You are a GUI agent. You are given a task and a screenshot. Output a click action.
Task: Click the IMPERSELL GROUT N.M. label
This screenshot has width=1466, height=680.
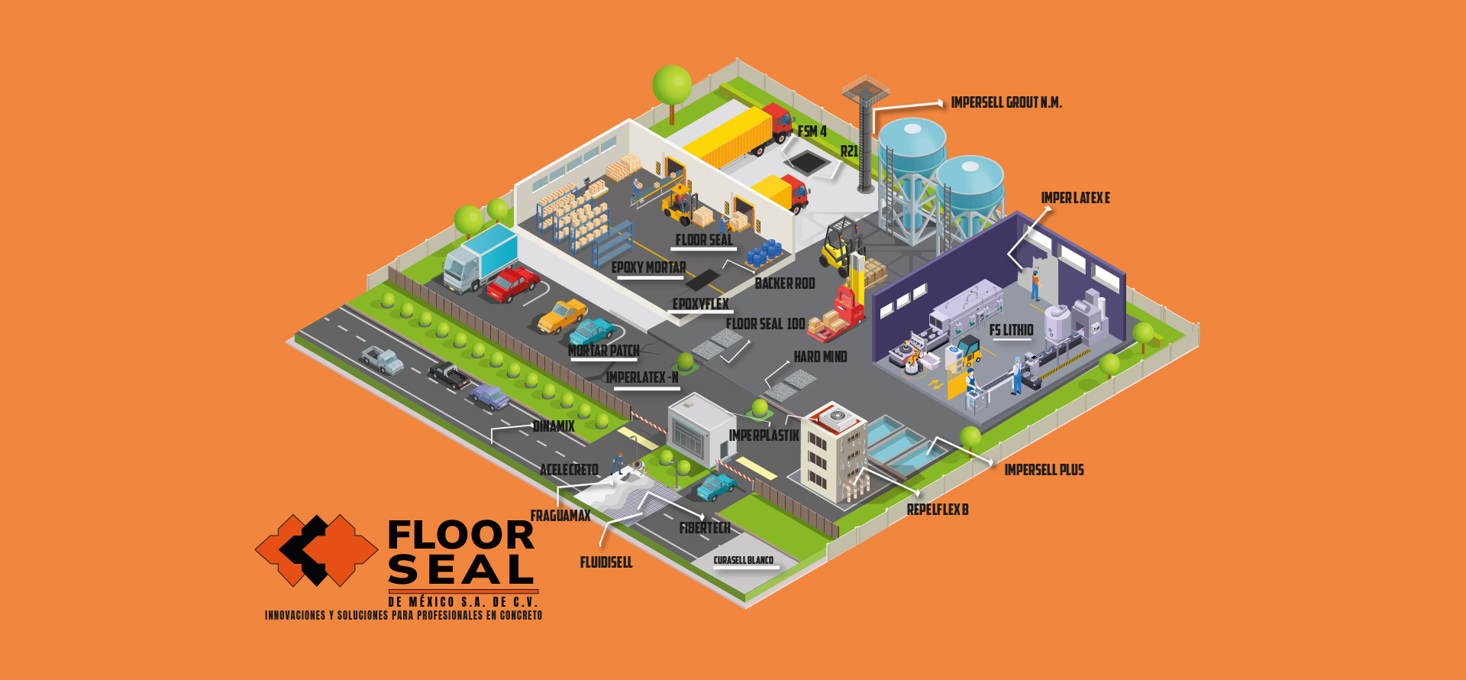point(1006,102)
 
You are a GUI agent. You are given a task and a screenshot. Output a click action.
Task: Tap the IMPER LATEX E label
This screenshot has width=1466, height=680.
point(1075,198)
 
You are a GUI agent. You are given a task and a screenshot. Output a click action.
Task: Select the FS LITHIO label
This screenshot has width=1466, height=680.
point(1011,330)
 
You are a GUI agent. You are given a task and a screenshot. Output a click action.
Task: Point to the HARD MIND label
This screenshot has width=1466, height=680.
point(820,357)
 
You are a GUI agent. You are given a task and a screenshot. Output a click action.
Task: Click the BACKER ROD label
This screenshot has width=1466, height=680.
point(785,283)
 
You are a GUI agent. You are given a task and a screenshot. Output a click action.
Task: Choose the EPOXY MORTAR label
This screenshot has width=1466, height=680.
point(648,267)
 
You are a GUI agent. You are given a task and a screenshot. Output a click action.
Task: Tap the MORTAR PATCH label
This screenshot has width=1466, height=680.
point(604,351)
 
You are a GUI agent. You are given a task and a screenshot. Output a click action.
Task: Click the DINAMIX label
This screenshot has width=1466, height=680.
point(554,426)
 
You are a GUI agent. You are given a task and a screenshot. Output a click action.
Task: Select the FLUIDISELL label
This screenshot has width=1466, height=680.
point(606,562)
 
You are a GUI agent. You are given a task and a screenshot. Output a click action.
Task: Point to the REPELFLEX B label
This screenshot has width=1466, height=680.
point(938,510)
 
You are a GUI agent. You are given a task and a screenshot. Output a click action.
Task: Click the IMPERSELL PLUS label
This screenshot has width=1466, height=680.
point(1044,470)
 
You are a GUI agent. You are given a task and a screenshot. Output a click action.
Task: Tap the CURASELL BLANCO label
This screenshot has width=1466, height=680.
point(744,560)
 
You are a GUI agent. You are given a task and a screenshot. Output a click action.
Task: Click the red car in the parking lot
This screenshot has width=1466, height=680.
point(512,283)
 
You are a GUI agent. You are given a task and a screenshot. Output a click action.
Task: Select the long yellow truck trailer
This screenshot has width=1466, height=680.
point(728,138)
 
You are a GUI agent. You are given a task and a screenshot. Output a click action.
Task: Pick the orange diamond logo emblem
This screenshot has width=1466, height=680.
point(316,550)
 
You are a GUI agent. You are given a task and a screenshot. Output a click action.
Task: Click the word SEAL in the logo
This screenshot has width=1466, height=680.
point(460,570)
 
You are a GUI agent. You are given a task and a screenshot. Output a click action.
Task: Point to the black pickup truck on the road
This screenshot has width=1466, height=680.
point(449,374)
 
